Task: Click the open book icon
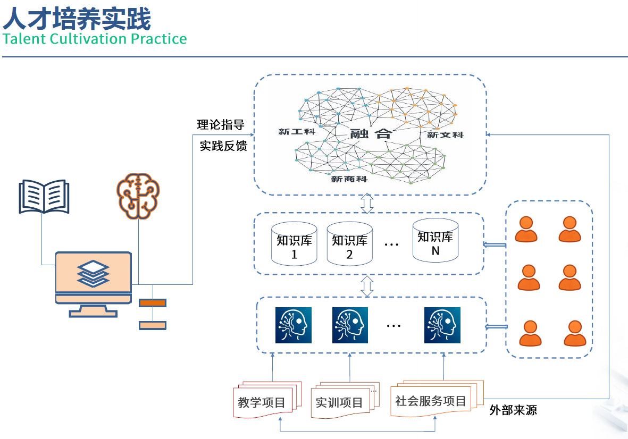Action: [44, 197]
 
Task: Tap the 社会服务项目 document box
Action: [431, 401]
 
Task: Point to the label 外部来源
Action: [513, 410]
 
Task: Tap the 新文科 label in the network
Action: [446, 135]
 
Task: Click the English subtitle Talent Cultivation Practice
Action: [95, 39]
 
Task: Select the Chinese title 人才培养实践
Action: [77, 19]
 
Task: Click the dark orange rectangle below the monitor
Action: [153, 303]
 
